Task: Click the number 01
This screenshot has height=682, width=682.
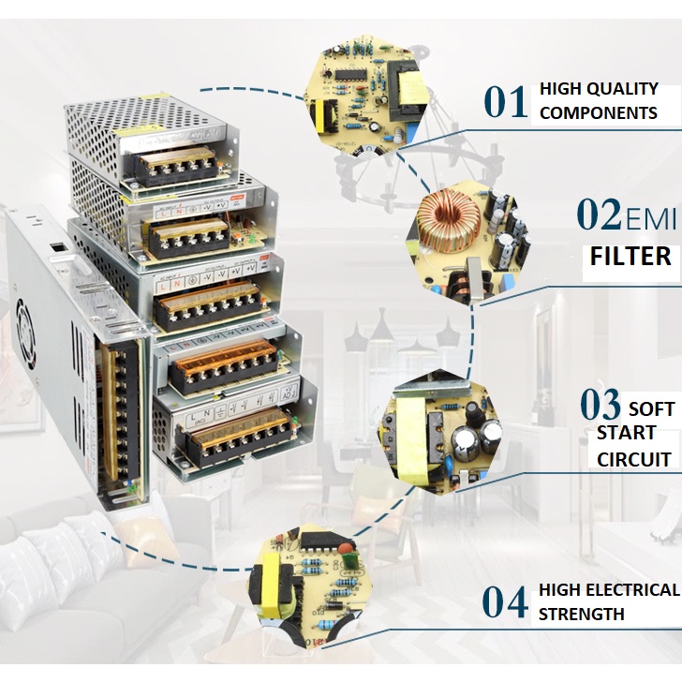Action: click(x=507, y=101)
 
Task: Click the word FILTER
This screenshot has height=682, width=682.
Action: click(x=630, y=256)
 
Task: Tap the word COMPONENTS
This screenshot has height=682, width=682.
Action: click(x=599, y=113)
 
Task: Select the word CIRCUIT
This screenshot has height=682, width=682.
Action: click(x=635, y=459)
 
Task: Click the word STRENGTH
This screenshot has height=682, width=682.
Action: click(x=582, y=615)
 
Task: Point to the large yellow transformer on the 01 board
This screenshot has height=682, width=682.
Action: click(x=411, y=90)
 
